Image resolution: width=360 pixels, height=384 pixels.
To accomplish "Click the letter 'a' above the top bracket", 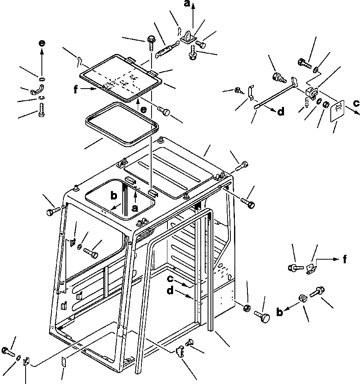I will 187,4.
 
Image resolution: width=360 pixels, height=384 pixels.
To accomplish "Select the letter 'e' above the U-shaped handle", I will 42,43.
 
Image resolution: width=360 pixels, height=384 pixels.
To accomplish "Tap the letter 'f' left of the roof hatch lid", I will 76,90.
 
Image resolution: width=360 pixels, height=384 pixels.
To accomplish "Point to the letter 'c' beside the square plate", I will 356,103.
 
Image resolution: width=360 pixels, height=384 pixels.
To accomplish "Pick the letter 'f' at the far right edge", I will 345,259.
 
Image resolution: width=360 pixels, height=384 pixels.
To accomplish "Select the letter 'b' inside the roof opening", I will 114,195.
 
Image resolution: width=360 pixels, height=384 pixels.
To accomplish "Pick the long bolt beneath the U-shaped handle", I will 41,109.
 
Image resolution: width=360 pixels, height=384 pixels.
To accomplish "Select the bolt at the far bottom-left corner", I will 7,350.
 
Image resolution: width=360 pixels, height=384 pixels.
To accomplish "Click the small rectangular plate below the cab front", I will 63,362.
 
